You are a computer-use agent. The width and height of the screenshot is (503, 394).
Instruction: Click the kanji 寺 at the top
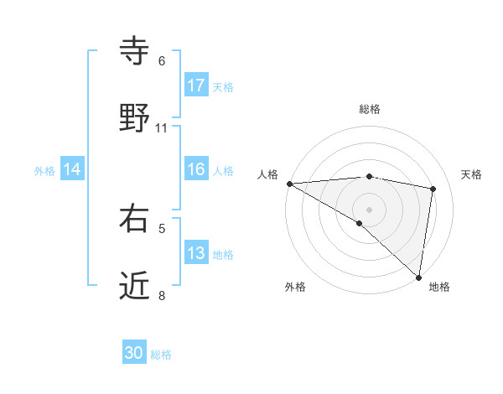(x=135, y=52)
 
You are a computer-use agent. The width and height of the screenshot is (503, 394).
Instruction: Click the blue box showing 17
(x=196, y=86)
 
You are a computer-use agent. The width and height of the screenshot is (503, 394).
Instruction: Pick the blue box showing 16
(x=196, y=169)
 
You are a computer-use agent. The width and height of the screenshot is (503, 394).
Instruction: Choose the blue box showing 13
(x=196, y=253)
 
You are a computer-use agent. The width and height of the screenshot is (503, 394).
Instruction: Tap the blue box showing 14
(x=72, y=169)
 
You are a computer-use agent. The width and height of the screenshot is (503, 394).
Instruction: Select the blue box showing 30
(x=134, y=353)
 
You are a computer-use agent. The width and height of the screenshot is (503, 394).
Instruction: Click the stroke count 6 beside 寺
(x=162, y=61)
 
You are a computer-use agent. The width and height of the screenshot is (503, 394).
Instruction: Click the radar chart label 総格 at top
(x=370, y=109)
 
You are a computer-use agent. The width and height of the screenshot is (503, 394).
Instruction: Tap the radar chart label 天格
(x=472, y=174)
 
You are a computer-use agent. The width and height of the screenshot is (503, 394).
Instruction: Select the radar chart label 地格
(x=439, y=287)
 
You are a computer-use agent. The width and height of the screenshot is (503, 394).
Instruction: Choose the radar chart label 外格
(x=295, y=287)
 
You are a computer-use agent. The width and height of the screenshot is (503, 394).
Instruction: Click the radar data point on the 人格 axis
(x=289, y=184)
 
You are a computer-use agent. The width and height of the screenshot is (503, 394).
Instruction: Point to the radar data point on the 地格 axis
(x=418, y=277)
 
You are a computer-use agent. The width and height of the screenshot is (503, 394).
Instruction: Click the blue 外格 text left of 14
(x=44, y=170)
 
